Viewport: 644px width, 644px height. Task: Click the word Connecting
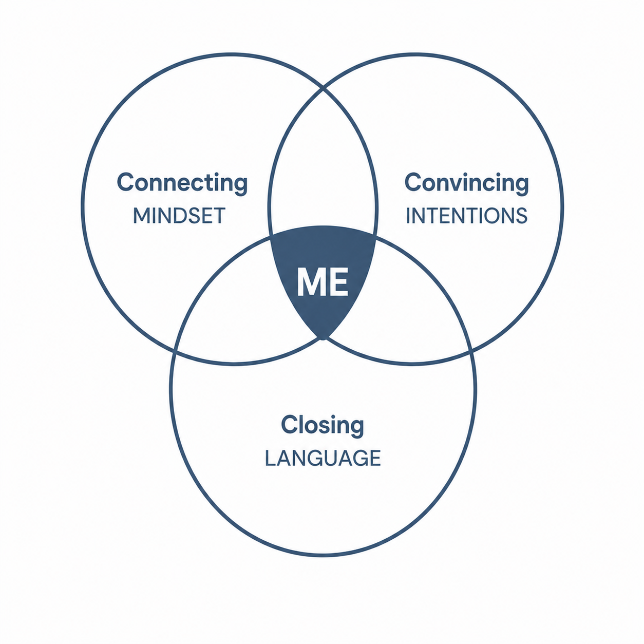182,184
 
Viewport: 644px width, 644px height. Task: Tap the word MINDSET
179,216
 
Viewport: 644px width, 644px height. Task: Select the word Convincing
466,184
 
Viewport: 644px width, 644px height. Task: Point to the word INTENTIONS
466,216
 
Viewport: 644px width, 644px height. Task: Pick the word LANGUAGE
323,458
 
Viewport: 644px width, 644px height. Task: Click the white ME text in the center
323,282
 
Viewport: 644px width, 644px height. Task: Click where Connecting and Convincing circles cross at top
323,89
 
